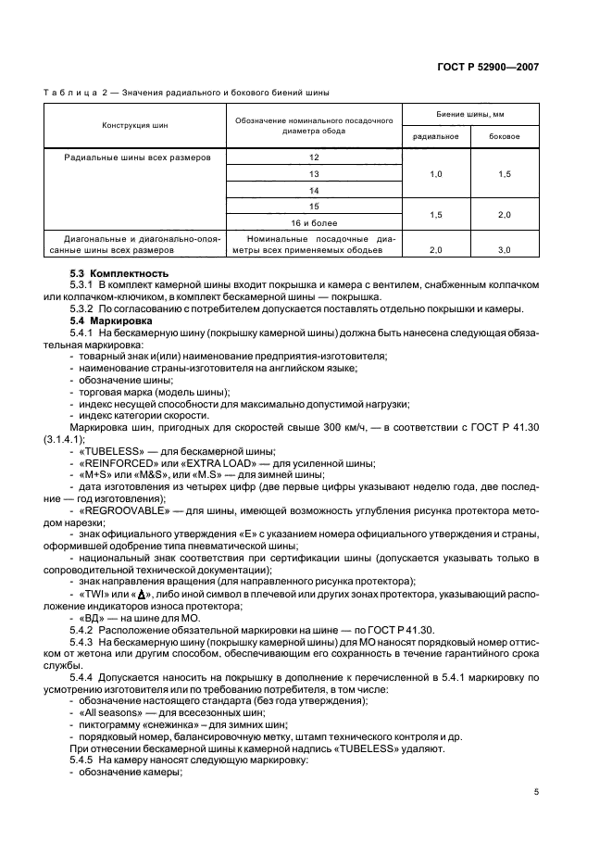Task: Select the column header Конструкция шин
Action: [x=135, y=125]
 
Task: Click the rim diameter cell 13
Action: [x=314, y=173]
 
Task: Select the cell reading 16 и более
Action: [x=314, y=222]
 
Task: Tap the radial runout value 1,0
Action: [x=436, y=173]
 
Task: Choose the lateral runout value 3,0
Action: [x=505, y=250]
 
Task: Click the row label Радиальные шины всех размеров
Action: [x=138, y=157]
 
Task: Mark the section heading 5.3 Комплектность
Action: [x=106, y=273]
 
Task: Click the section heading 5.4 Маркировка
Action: [x=102, y=320]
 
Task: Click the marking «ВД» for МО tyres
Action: [x=90, y=616]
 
